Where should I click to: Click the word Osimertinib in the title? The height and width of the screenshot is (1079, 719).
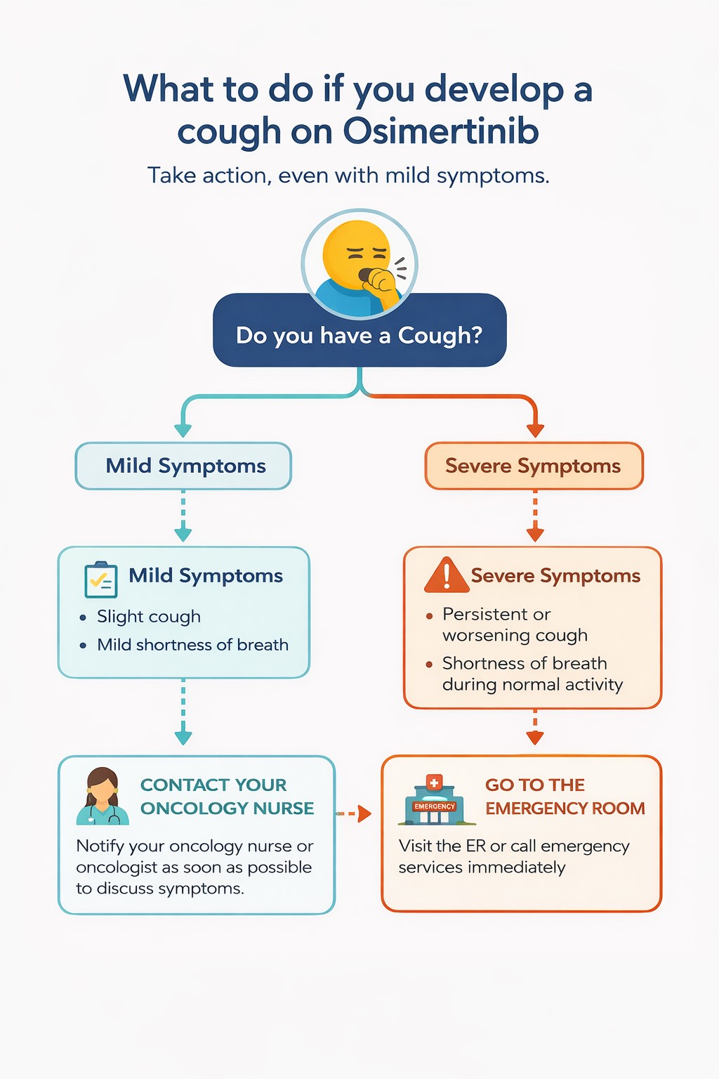click(x=441, y=131)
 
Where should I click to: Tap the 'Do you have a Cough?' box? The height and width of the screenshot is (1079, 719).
click(x=359, y=335)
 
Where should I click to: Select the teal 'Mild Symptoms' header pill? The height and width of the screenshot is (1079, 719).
click(x=184, y=466)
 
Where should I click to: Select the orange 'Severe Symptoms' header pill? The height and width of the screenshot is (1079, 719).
click(x=534, y=466)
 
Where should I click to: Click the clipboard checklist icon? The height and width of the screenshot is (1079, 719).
click(x=100, y=580)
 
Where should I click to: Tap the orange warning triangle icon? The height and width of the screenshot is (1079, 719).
click(x=447, y=575)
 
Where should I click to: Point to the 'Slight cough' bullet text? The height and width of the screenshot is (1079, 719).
click(x=149, y=616)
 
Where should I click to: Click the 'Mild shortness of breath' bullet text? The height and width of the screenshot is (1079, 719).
click(x=192, y=645)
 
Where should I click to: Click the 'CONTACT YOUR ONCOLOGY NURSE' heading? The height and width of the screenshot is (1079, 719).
click(x=227, y=796)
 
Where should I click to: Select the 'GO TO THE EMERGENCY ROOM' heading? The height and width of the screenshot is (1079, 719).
click(x=565, y=796)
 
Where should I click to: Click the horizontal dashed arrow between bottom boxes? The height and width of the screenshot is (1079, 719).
click(x=355, y=813)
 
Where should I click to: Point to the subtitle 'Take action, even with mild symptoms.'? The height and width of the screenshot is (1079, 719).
click(x=348, y=175)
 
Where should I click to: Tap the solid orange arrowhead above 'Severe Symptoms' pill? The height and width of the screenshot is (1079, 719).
click(x=535, y=430)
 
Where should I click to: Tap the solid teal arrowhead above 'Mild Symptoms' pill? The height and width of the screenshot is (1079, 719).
click(x=183, y=430)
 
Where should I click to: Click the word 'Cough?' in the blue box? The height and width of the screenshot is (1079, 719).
click(x=440, y=335)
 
